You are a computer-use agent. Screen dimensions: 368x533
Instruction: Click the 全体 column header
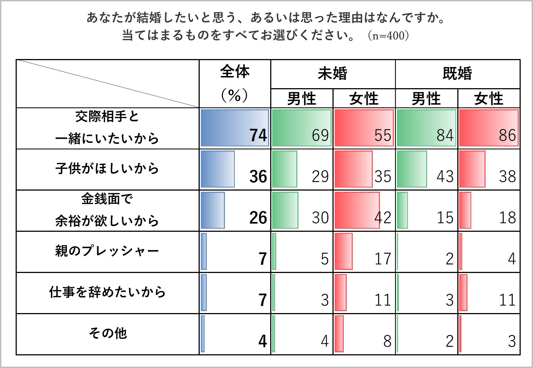[235, 72]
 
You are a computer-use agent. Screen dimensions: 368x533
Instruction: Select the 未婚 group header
[332, 74]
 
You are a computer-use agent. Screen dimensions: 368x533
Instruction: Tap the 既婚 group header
[457, 74]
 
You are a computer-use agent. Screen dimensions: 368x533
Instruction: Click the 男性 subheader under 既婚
[426, 99]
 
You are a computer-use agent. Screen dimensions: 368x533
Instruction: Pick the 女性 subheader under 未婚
[364, 99]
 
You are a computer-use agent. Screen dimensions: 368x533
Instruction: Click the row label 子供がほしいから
[107, 168]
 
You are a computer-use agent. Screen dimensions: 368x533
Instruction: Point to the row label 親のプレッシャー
[107, 251]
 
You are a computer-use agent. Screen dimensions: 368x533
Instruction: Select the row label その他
[108, 333]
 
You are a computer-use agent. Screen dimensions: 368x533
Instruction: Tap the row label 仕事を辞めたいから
[107, 292]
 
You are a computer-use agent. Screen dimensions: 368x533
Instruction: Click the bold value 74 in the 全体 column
[258, 135]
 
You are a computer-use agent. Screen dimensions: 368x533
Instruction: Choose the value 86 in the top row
[507, 135]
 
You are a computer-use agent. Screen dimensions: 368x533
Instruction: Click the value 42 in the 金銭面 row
[383, 218]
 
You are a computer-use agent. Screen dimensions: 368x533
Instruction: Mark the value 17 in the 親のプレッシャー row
[383, 259]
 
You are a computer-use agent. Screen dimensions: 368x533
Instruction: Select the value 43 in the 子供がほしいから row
[445, 176]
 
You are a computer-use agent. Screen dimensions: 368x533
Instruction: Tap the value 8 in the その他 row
[387, 341]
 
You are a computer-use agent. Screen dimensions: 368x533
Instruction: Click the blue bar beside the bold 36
[218, 169]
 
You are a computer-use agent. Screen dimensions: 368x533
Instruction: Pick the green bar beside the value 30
[285, 210]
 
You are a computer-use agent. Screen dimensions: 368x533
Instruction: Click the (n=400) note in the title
[388, 35]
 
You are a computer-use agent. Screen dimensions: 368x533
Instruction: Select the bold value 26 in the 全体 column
[258, 218]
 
